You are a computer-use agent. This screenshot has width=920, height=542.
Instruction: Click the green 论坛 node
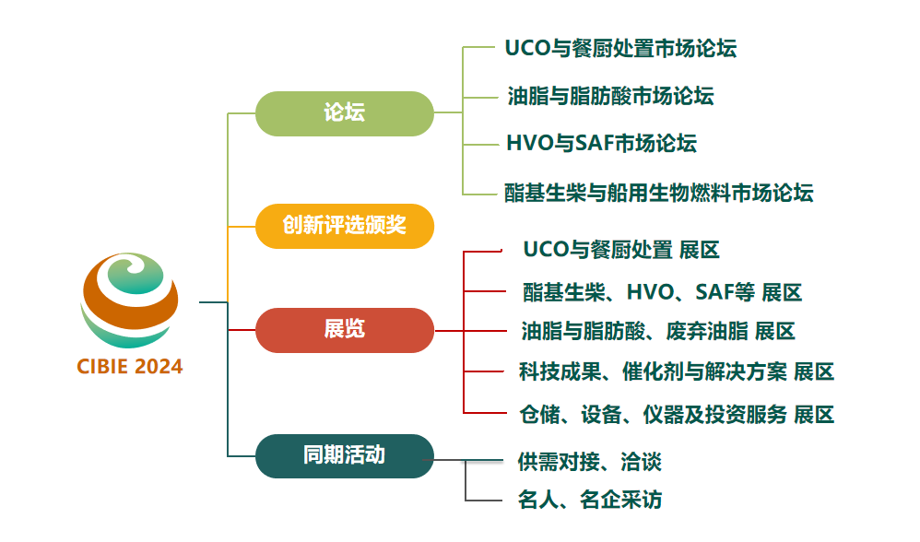pyautogui.click(x=344, y=113)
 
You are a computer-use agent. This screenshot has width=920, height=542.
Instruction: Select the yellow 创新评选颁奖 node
pyautogui.click(x=344, y=226)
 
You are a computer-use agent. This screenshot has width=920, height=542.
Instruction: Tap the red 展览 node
pyautogui.click(x=344, y=330)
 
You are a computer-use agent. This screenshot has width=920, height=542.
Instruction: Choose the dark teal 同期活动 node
pyautogui.click(x=344, y=455)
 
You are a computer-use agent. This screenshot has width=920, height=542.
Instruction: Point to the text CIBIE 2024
pyautogui.click(x=130, y=367)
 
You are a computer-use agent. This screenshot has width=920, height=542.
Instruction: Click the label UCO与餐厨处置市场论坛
pyautogui.click(x=620, y=48)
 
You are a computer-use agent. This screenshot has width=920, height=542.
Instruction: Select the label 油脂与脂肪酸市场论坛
pyautogui.click(x=610, y=95)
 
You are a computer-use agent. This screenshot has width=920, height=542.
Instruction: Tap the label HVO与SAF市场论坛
pyautogui.click(x=601, y=143)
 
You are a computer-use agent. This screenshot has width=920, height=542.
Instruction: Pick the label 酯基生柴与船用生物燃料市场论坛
pyautogui.click(x=658, y=193)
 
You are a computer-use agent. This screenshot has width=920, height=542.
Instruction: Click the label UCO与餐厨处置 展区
pyautogui.click(x=620, y=250)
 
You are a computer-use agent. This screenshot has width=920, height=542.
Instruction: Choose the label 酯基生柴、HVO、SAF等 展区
pyautogui.click(x=662, y=293)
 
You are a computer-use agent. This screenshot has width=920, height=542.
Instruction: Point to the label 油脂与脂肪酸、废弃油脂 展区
pyautogui.click(x=657, y=331)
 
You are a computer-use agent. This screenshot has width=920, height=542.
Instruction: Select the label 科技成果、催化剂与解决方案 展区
pyautogui.click(x=676, y=371)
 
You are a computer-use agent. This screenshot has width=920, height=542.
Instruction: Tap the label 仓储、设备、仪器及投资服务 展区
pyautogui.click(x=676, y=415)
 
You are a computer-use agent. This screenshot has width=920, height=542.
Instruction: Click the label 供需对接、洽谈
pyautogui.click(x=589, y=462)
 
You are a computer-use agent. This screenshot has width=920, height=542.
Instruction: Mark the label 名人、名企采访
pyautogui.click(x=589, y=501)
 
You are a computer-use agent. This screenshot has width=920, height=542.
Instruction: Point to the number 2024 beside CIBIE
pyautogui.click(x=159, y=367)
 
